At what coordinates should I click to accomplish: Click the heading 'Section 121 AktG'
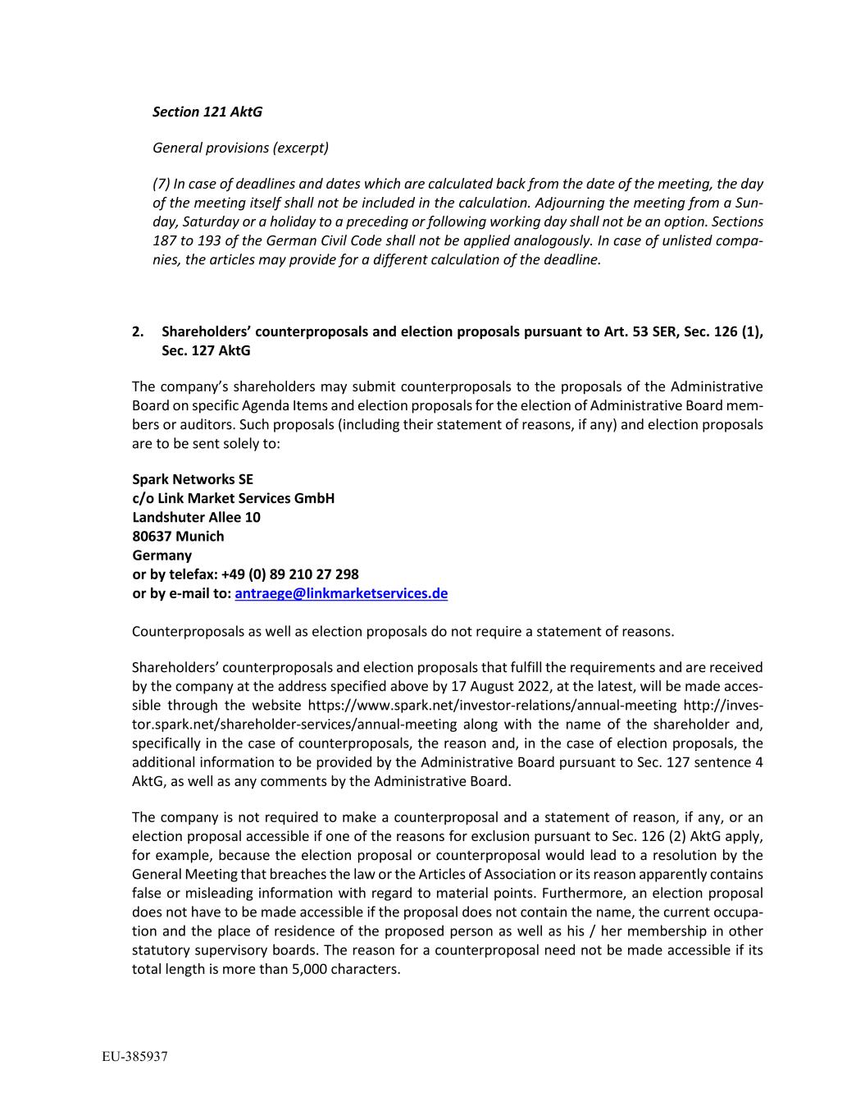(207, 112)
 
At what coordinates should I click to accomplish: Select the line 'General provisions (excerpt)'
(240, 148)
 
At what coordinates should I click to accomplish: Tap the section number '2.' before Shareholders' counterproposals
(138, 331)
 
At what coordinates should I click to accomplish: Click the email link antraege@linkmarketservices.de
(341, 593)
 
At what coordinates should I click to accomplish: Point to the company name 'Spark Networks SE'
(193, 479)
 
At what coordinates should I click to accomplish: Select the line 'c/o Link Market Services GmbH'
(233, 498)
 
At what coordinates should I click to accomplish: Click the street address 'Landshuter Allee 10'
(196, 517)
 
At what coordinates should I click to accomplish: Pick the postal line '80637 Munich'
(178, 536)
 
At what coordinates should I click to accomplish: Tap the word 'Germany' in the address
(162, 555)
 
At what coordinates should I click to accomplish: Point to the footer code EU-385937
(134, 1057)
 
